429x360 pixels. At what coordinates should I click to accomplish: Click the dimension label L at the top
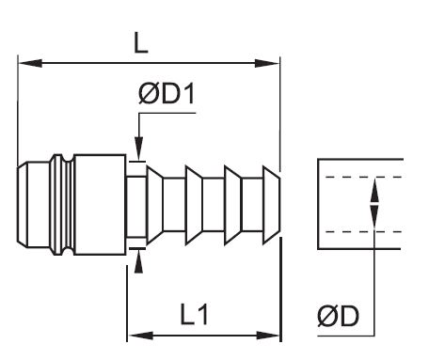coord(140,43)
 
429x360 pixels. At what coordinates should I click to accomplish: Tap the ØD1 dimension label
coord(167,94)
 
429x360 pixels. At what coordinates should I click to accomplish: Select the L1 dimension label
coord(194,314)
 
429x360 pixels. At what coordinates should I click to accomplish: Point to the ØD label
coord(338,316)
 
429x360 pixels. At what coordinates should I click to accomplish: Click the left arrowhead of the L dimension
coord(30,63)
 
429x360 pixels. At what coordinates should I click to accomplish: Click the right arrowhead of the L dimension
coord(267,63)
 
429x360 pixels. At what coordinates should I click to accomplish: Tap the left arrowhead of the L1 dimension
coord(141,336)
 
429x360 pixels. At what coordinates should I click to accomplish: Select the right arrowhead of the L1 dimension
coord(268,336)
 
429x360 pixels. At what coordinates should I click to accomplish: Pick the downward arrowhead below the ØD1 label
coord(139,149)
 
